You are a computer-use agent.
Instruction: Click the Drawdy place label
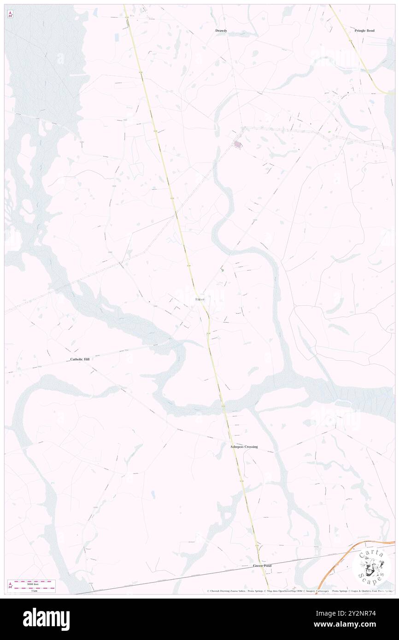(x=221, y=31)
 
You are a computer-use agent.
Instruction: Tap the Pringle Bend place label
(x=364, y=31)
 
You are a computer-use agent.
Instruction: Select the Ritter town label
(x=199, y=299)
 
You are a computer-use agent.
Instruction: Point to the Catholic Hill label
(x=79, y=359)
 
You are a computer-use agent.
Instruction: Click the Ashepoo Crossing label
(x=244, y=447)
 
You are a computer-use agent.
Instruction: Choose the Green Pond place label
(x=262, y=565)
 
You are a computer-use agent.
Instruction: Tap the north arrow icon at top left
(x=10, y=15)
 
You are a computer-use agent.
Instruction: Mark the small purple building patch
(x=237, y=145)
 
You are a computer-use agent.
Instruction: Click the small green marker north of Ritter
(x=223, y=270)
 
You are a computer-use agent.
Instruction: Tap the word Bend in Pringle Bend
(x=370, y=31)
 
